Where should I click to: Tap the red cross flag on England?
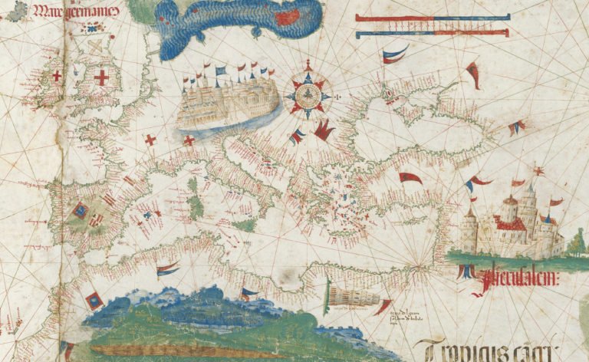[100, 77]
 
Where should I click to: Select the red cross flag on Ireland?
[56, 76]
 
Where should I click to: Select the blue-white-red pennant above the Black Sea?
[395, 54]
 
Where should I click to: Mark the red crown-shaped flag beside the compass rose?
[324, 130]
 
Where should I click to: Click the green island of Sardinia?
[197, 206]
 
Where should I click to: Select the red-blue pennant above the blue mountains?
[167, 268]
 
